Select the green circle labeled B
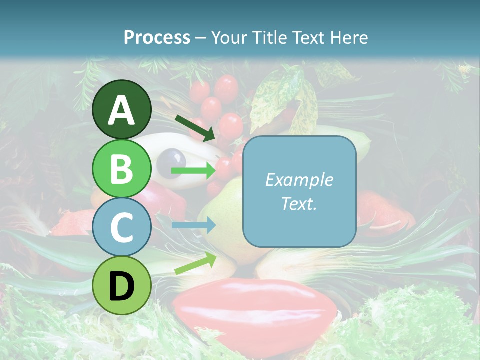point(122,169)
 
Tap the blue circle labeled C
point(122,227)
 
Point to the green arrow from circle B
point(193,171)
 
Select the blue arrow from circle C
point(193,225)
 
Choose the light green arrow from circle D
point(195,263)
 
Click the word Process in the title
point(157,38)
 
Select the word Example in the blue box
point(299,180)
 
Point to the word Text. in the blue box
point(299,203)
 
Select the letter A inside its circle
point(122,110)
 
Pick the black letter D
point(122,286)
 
